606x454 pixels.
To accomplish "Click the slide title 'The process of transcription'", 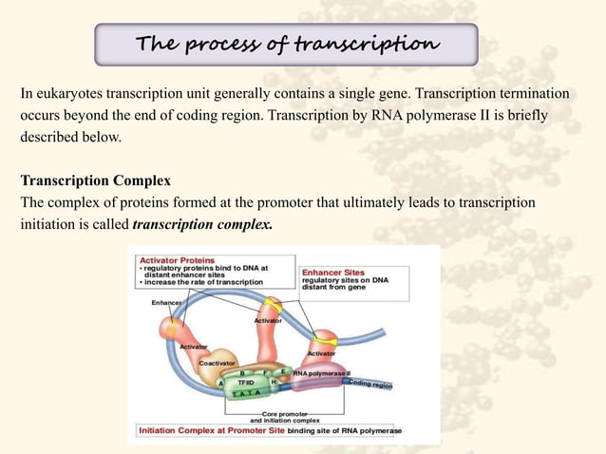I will [288, 45].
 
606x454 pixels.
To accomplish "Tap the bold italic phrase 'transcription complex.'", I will [202, 226].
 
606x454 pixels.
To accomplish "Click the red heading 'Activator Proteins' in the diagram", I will [178, 258].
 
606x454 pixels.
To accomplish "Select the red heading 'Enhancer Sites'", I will [332, 272].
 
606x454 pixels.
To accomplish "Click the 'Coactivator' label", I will [218, 362].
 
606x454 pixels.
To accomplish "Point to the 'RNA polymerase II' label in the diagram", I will [321, 373].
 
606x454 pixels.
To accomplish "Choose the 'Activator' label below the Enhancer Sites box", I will [320, 353].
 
